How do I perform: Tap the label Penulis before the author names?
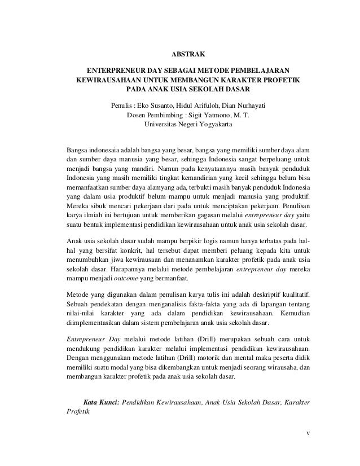pyautogui.click(x=122, y=105)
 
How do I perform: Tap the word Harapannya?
pyautogui.click(x=130, y=269)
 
